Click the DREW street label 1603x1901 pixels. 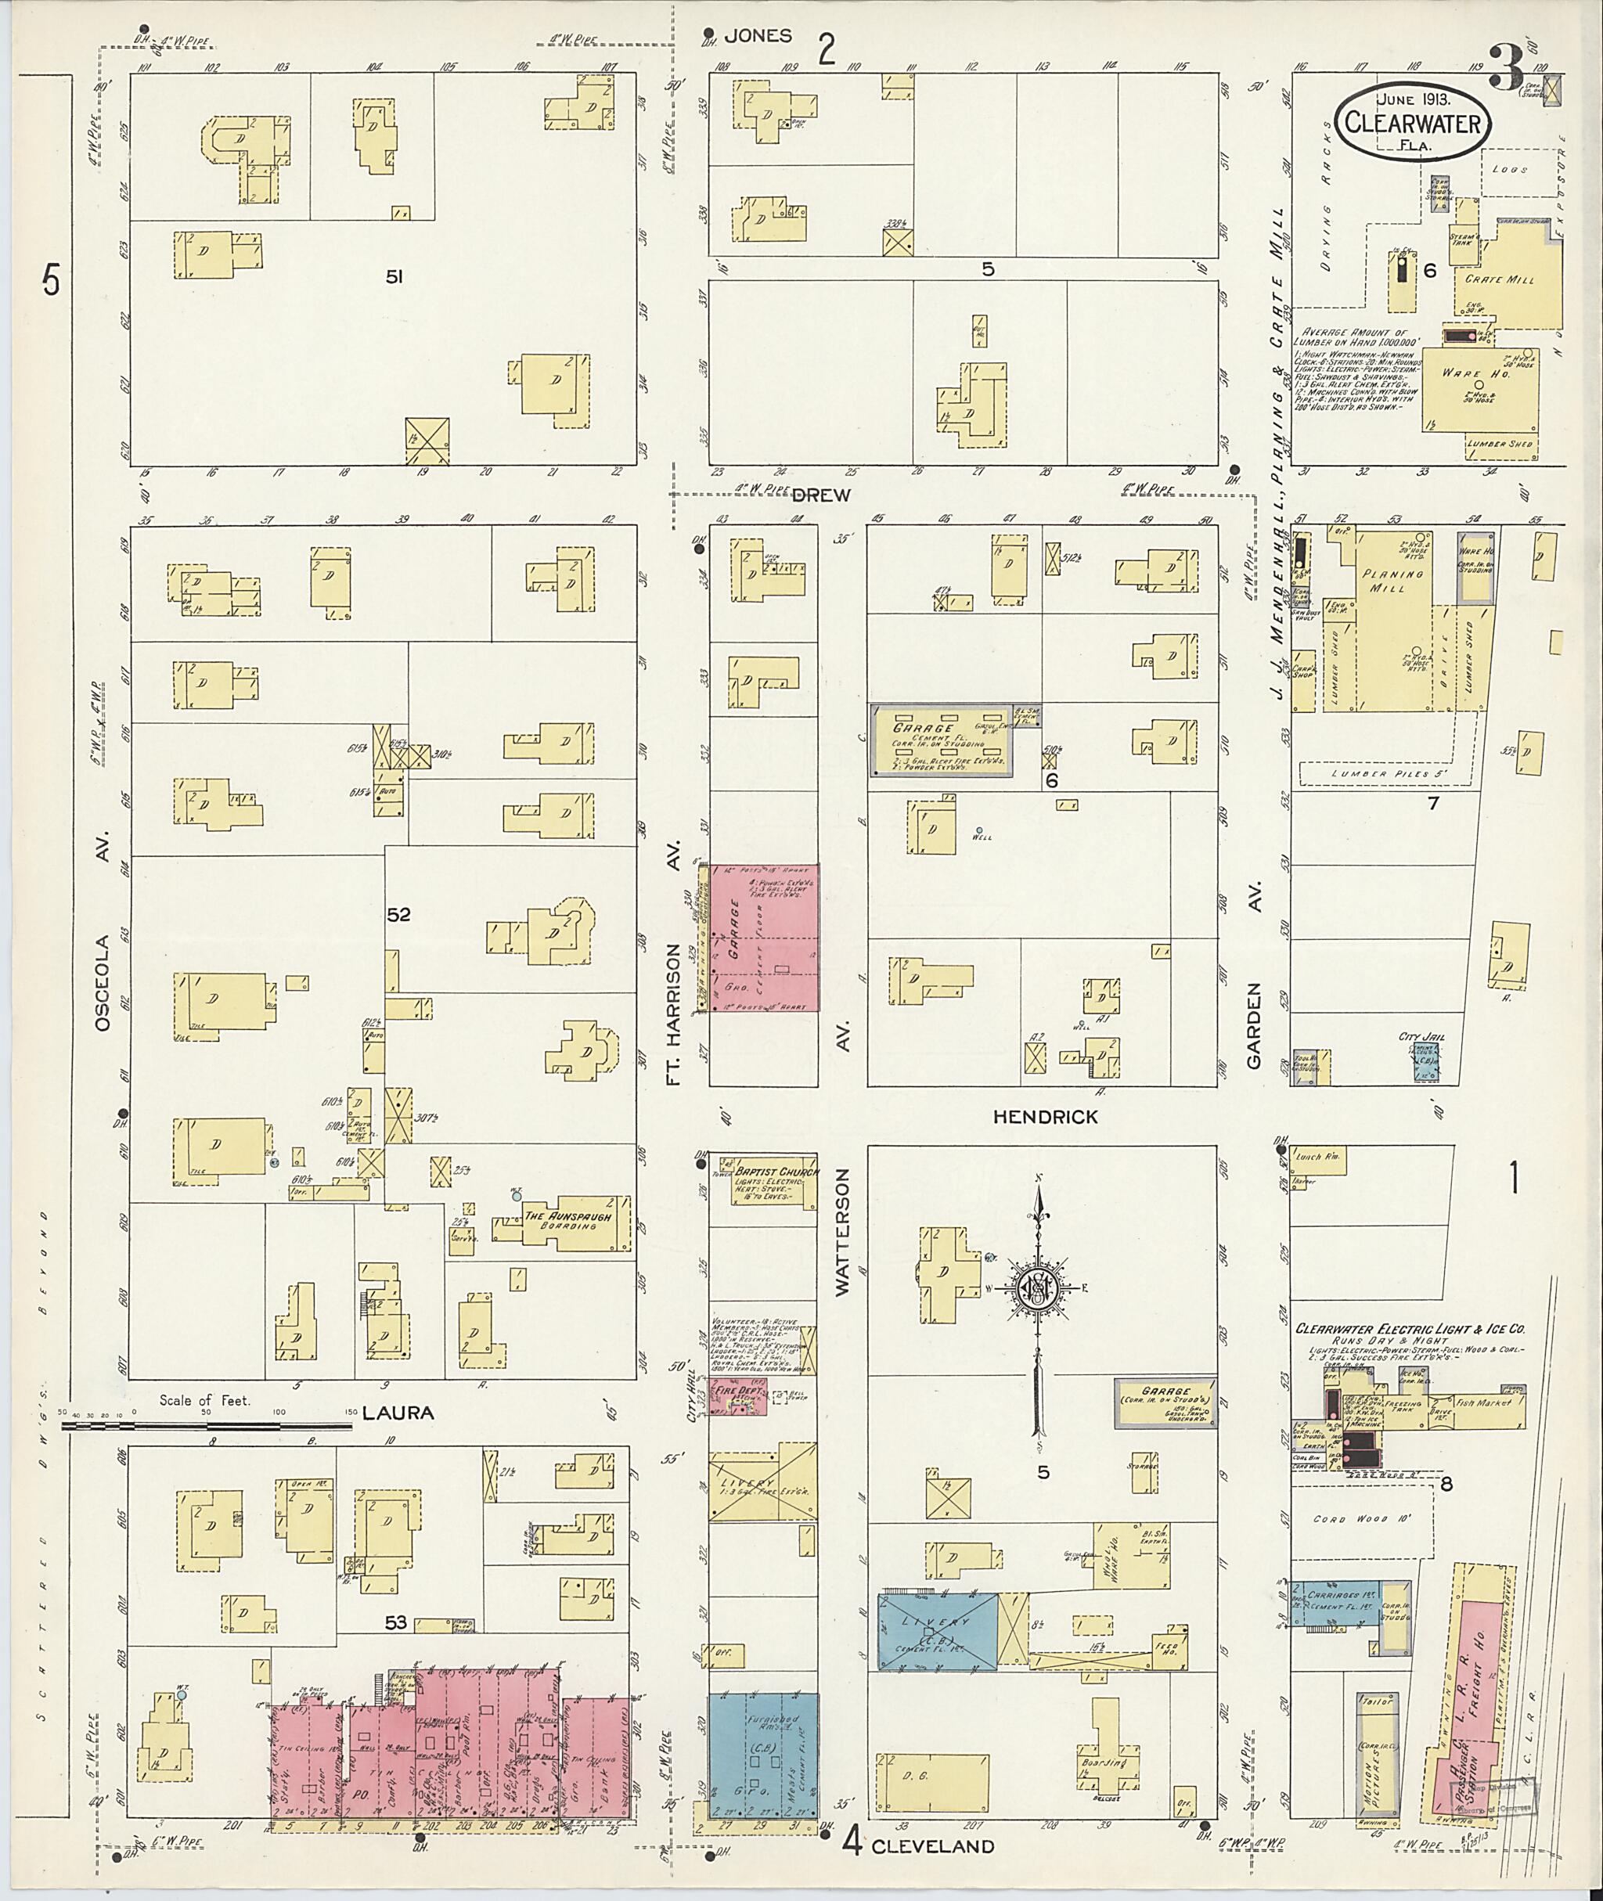tap(820, 495)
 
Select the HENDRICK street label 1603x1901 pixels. tap(1045, 1117)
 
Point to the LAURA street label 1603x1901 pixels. tap(398, 1413)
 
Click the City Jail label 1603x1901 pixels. tap(1422, 1037)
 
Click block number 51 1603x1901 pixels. tap(394, 278)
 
